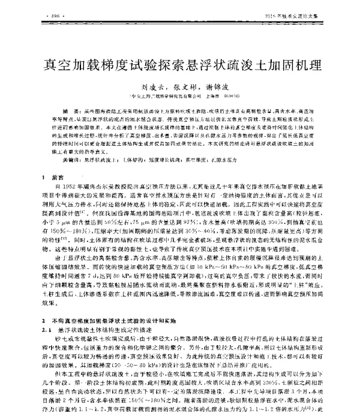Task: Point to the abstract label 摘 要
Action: coord(68,112)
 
